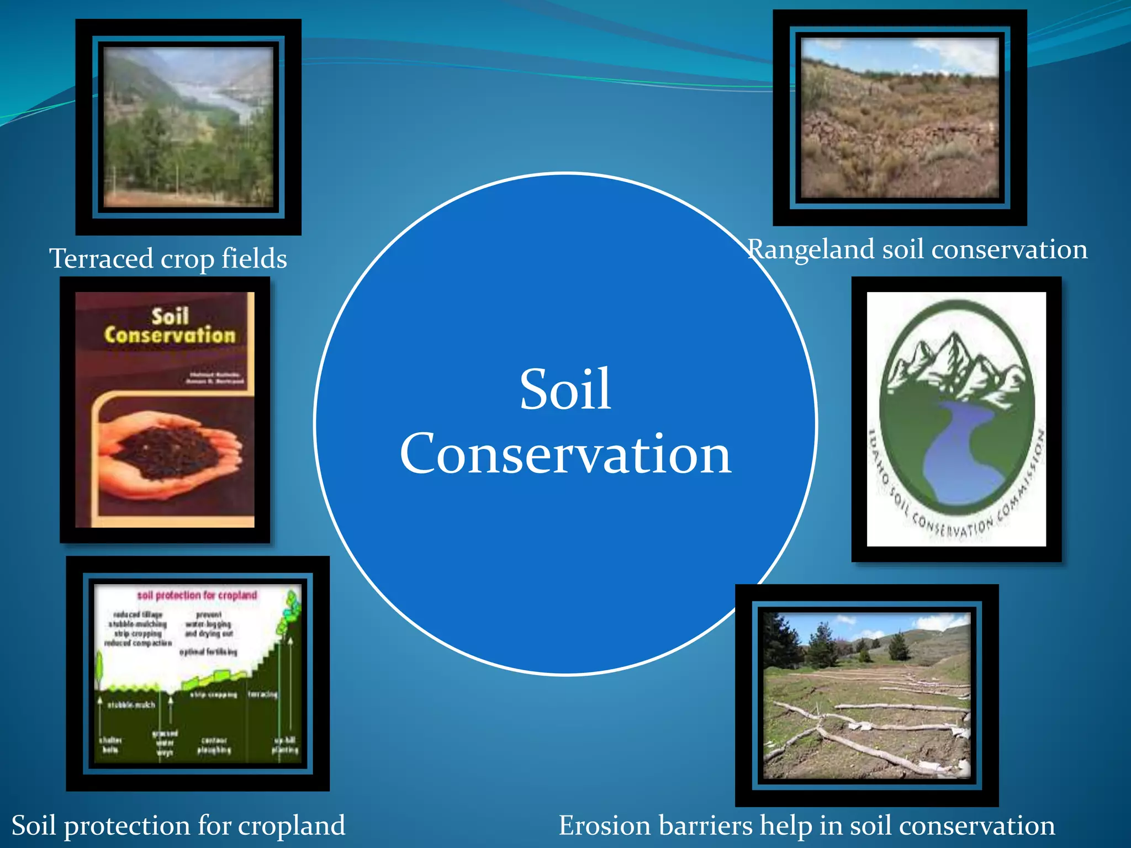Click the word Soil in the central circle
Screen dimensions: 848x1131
(565, 390)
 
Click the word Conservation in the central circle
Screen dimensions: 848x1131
(565, 454)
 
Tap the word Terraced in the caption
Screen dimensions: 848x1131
(101, 258)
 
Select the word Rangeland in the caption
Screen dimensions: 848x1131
(811, 250)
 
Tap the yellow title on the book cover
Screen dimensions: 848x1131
(170, 326)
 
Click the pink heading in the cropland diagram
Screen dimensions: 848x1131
(197, 595)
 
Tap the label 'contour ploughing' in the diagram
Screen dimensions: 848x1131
(214, 745)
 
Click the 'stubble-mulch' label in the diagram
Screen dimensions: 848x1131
(131, 705)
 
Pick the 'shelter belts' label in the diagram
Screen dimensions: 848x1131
(110, 745)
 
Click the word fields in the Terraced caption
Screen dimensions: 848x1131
(254, 258)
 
